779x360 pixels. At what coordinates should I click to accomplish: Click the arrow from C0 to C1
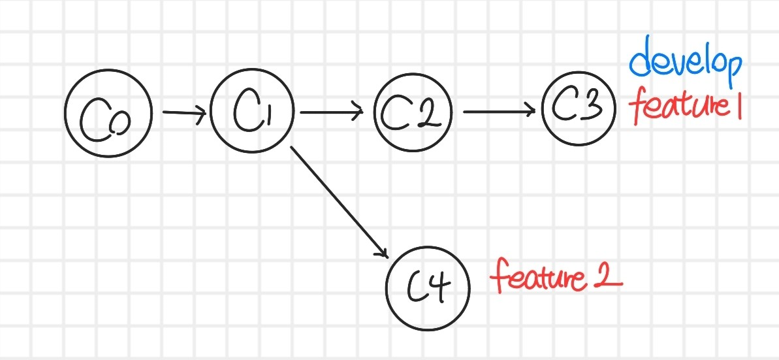coord(183,113)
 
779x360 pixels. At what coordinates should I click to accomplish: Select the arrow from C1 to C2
coord(330,112)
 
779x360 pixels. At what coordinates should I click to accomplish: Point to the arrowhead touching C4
coord(383,252)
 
